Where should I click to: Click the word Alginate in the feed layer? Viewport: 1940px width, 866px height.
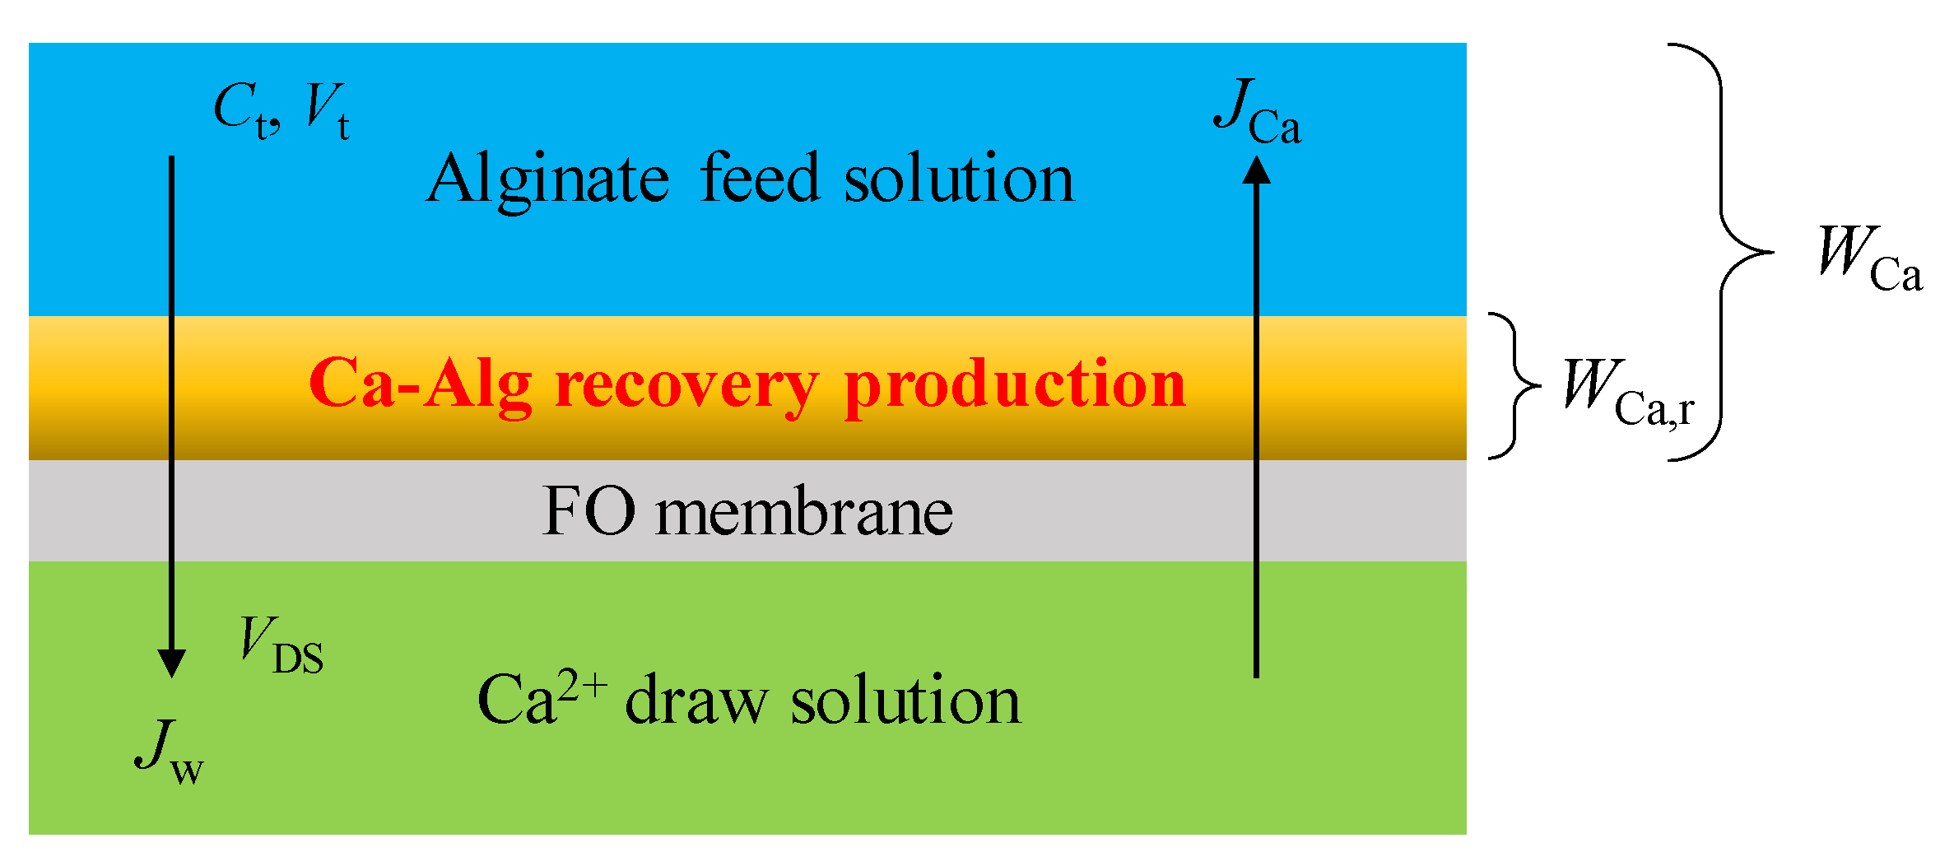[x=548, y=179]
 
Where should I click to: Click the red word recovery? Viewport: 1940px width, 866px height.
[x=686, y=385]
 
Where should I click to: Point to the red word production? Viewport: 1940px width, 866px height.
[x=1015, y=385]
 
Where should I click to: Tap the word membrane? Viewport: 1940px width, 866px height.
[x=804, y=512]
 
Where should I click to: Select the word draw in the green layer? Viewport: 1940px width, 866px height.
[x=696, y=701]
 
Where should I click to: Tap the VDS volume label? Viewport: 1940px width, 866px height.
[x=281, y=646]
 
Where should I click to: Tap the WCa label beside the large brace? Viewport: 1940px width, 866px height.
[x=1869, y=259]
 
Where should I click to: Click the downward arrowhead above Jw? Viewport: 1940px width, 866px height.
[x=171, y=663]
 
